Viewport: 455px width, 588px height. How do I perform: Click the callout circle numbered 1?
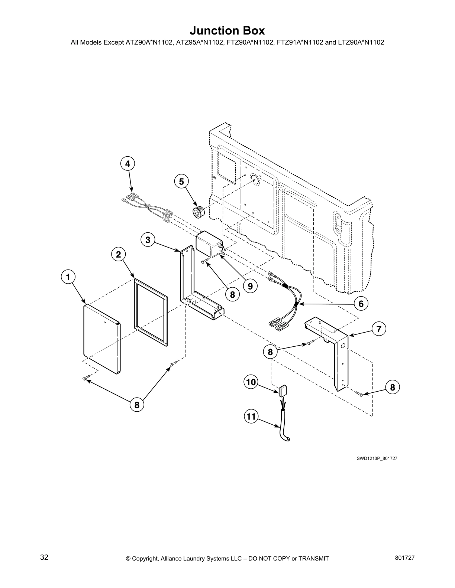[x=68, y=277]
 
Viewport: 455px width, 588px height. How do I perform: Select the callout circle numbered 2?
[x=118, y=254]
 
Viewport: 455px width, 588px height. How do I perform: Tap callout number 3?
[x=148, y=240]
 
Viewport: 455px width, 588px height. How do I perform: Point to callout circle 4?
[x=128, y=163]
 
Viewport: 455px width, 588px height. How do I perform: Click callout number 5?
[x=181, y=182]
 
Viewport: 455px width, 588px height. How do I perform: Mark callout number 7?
[x=378, y=329]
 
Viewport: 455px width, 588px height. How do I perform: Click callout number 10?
[x=251, y=382]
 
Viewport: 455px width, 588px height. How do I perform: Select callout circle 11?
[x=251, y=416]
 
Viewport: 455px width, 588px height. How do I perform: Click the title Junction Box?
[x=227, y=30]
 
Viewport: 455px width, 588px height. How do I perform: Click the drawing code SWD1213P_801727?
[x=377, y=458]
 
